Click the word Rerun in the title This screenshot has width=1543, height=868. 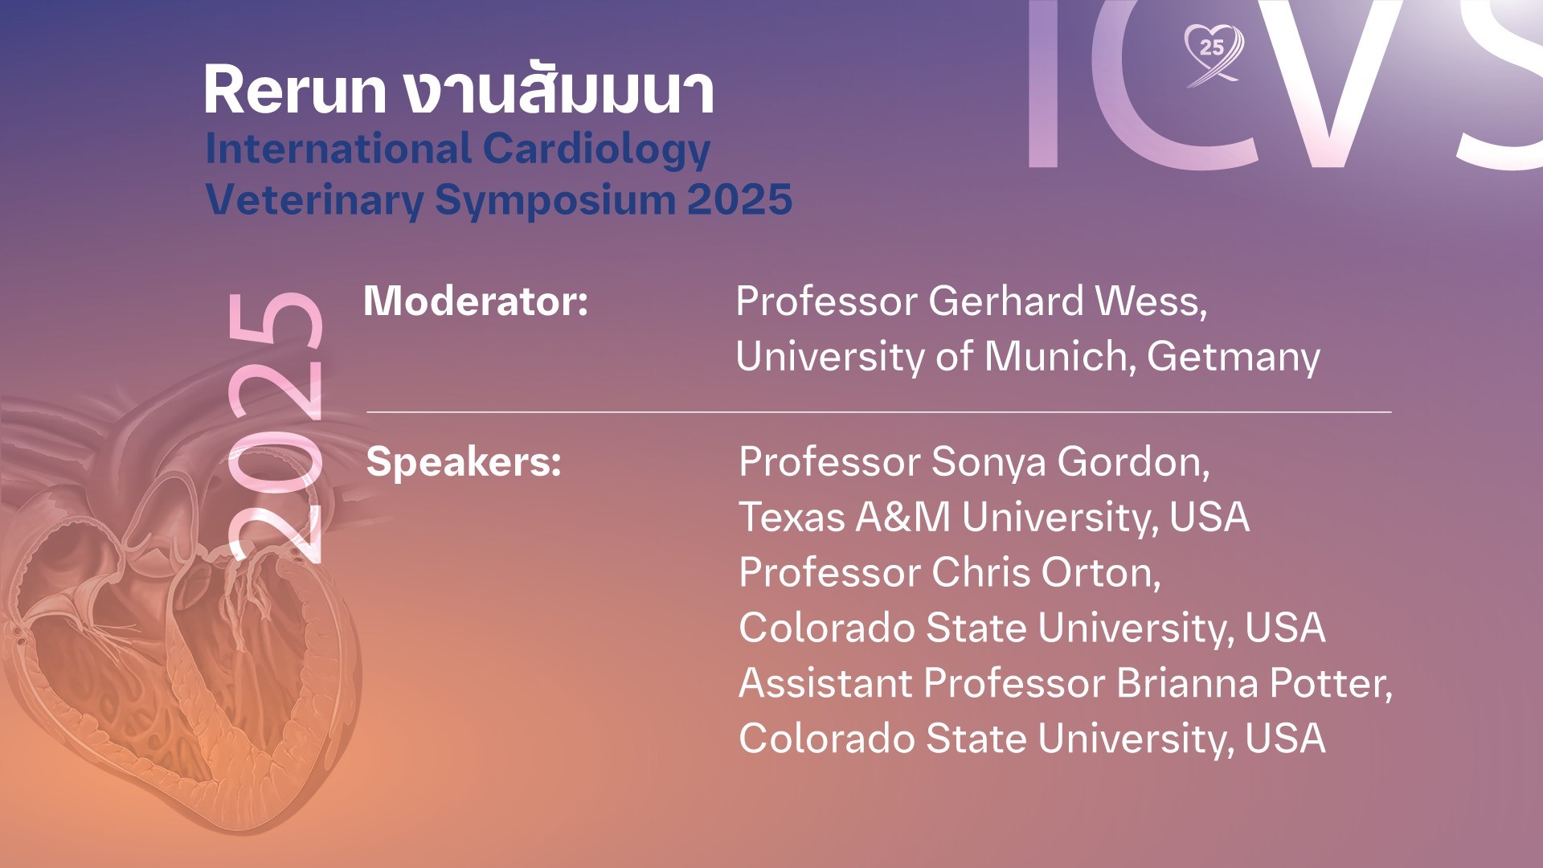295,90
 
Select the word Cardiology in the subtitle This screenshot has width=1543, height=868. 596,151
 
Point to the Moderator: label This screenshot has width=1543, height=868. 476,301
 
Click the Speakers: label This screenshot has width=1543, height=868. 464,463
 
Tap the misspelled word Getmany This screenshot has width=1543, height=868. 1233,358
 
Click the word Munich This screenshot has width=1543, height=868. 1059,357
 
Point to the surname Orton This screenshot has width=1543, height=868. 1100,574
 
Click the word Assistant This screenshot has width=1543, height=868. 825,684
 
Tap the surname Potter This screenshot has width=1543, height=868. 1331,684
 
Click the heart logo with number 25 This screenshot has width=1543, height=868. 1214,54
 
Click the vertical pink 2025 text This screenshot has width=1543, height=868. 276,428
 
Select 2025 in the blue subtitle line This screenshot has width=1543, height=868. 739,200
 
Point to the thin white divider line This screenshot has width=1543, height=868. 879,412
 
